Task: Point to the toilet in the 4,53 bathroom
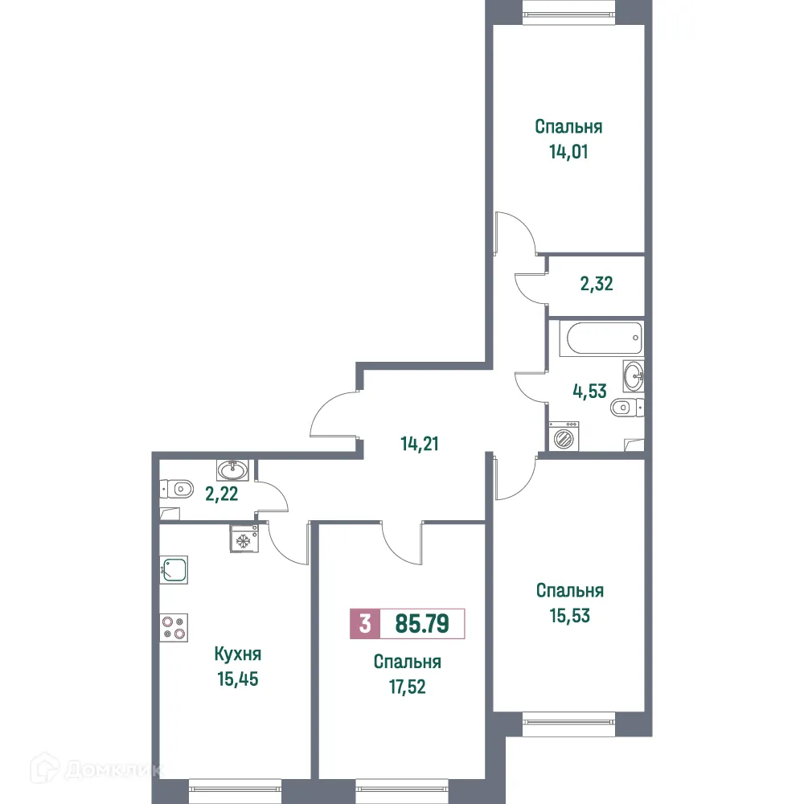point(626,409)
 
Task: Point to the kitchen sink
point(174,570)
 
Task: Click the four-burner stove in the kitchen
point(174,626)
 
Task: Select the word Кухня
point(238,654)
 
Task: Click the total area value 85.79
point(421,623)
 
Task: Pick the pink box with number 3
point(364,624)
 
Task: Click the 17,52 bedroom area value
point(407,688)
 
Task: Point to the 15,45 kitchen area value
point(238,679)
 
